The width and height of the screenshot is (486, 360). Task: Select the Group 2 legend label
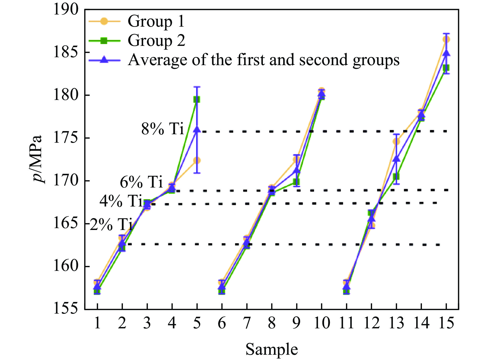[156, 41]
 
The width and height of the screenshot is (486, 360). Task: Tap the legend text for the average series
[263, 60]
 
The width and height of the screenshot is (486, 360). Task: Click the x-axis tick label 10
[321, 323]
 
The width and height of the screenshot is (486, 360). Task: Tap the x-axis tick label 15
[446, 323]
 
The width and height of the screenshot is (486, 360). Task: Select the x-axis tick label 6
[222, 323]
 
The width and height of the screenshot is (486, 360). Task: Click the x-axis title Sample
[272, 349]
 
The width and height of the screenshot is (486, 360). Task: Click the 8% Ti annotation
[162, 129]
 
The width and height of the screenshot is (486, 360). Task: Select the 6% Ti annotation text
[141, 182]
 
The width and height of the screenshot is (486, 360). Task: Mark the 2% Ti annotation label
[111, 225]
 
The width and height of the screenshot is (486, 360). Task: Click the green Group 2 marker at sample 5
[197, 99]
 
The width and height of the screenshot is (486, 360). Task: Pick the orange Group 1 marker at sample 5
[197, 160]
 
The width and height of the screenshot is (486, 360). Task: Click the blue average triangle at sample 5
[197, 129]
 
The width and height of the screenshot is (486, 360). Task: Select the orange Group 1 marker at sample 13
[396, 142]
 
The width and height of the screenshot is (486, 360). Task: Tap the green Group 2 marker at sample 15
[446, 68]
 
